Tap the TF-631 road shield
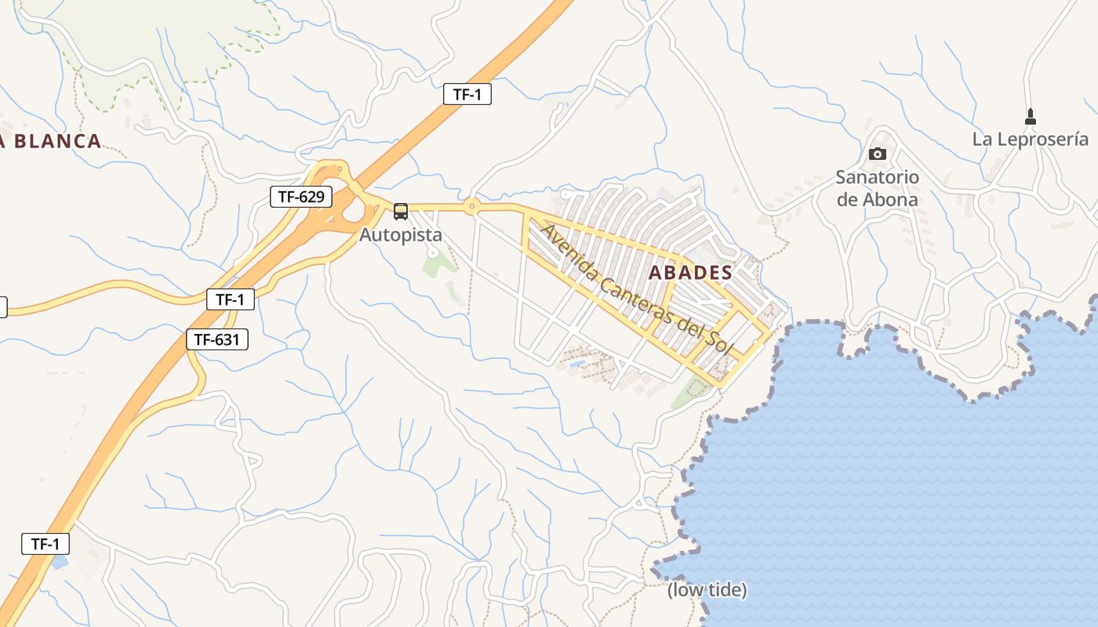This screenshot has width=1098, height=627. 217,339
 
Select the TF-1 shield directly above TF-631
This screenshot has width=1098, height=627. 231,299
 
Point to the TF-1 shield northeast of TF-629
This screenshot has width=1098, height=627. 467,95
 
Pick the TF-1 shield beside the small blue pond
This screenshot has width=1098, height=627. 45,544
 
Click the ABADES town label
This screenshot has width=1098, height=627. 691,273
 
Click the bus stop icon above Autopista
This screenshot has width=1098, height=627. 401,211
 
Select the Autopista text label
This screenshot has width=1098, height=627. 401,234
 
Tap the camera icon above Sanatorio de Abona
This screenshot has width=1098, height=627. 877,154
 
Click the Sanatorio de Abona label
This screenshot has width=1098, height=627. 877,188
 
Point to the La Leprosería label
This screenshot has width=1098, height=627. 1031,140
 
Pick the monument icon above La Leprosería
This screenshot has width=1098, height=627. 1031,118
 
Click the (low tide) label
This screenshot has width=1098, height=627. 707,590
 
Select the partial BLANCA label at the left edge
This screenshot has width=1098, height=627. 52,141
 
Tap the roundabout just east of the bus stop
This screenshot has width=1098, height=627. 471,207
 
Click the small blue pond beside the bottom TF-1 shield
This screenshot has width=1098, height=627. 59,562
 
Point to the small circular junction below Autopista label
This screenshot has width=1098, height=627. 432,252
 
